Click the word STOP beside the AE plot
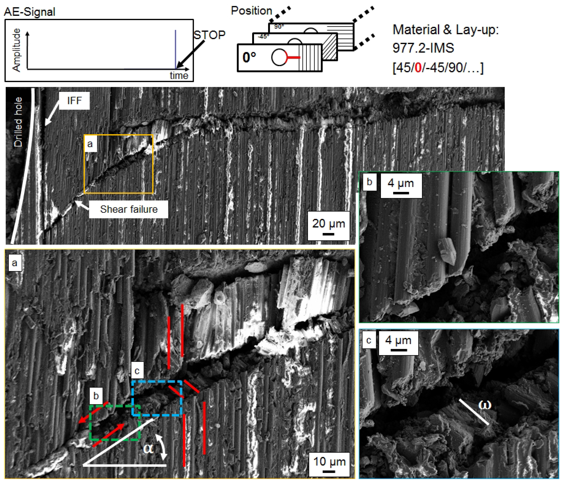click(x=209, y=35)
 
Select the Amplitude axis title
click(x=16, y=50)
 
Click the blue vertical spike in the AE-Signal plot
click(x=175, y=49)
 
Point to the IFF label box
click(x=74, y=101)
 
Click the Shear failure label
click(x=129, y=209)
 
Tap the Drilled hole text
click(x=18, y=122)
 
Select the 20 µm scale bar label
click(x=329, y=224)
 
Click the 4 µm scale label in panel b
click(x=401, y=183)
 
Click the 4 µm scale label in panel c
click(x=398, y=340)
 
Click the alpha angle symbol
click(x=149, y=448)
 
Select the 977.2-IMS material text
click(x=423, y=48)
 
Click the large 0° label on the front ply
click(x=249, y=58)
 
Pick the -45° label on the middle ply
click(x=263, y=37)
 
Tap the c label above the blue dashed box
click(x=137, y=370)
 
